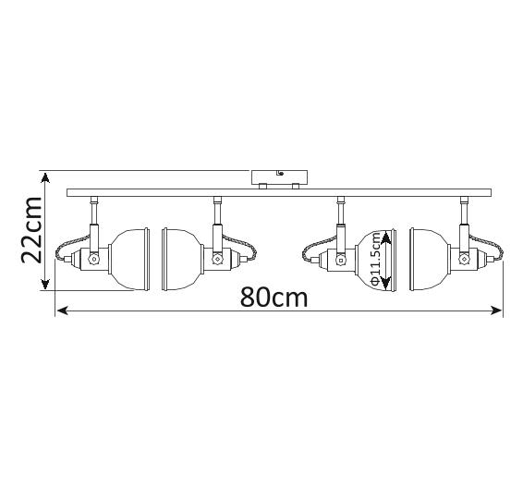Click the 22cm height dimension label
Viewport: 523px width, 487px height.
pyautogui.click(x=31, y=230)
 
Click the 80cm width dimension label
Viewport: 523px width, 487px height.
pyautogui.click(x=274, y=298)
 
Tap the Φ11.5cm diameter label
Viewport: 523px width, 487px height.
pyautogui.click(x=375, y=259)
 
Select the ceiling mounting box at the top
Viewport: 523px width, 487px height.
pyautogui.click(x=279, y=177)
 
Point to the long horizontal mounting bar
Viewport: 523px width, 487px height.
pyautogui.click(x=279, y=192)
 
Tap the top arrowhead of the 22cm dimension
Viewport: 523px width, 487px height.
pyautogui.click(x=45, y=178)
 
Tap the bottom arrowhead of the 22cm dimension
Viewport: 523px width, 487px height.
pyautogui.click(x=45, y=285)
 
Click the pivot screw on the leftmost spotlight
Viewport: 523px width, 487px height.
pyautogui.click(x=93, y=259)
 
